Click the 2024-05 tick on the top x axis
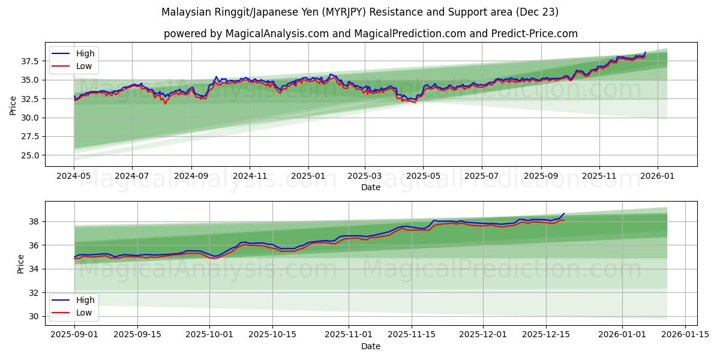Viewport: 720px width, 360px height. (74, 177)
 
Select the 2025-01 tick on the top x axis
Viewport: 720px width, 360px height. (308, 177)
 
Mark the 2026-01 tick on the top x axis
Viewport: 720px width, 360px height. (658, 177)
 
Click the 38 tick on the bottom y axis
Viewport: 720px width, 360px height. (35, 221)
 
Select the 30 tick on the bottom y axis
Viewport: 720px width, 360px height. (35, 316)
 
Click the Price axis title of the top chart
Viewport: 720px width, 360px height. (13, 105)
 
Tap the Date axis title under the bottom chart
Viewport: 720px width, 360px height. (371, 346)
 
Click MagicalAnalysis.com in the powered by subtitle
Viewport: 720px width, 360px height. (277, 34)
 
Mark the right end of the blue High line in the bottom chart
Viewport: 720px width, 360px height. (564, 213)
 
